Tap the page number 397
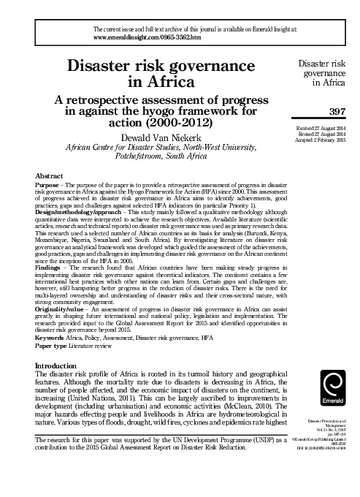coord(336,111)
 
